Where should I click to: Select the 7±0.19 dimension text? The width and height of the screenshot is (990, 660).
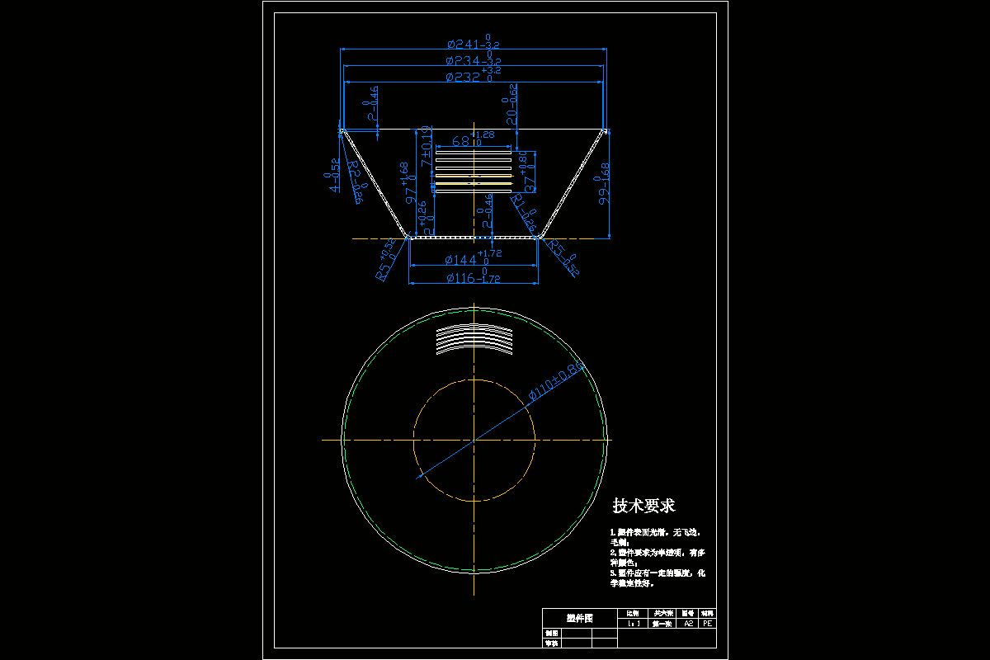[427, 148]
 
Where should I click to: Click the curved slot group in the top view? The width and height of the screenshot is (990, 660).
[474, 337]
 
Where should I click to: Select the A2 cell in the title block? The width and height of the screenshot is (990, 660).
[688, 625]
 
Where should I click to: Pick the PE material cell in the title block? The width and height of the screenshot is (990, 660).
[707, 625]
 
